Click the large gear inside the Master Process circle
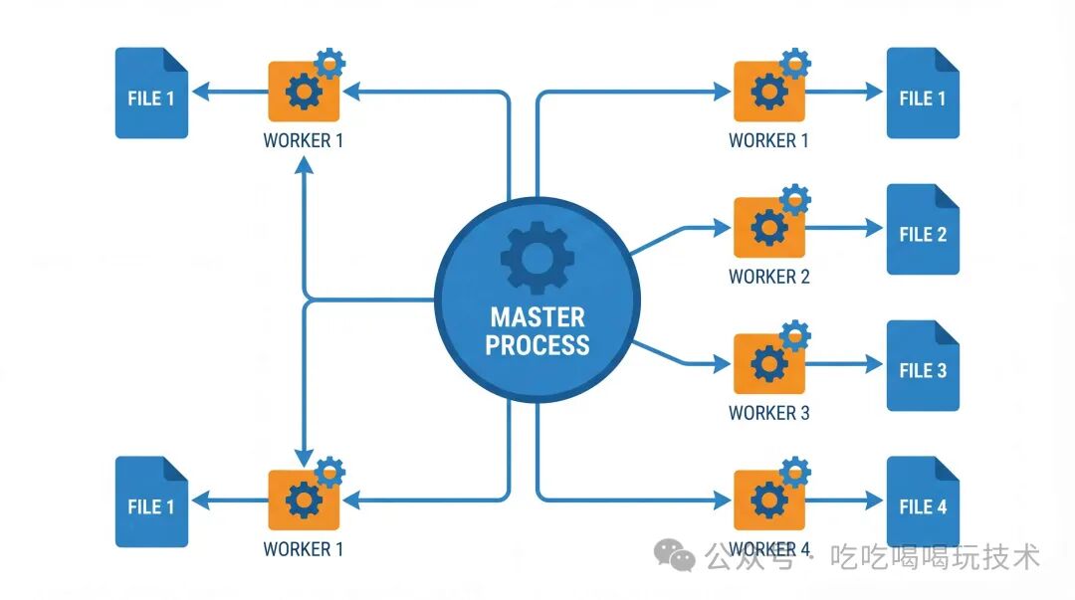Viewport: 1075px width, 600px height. (537, 258)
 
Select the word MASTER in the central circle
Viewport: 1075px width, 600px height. (537, 318)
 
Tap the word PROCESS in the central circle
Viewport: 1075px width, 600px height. (537, 345)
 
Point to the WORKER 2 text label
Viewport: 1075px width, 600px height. (768, 277)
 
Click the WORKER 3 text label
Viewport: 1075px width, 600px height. (768, 413)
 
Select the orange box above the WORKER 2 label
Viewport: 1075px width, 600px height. (768, 230)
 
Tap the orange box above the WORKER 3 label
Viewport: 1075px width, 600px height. (768, 365)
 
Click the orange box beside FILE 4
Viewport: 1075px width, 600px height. (768, 500)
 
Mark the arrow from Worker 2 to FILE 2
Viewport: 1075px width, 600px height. (844, 229)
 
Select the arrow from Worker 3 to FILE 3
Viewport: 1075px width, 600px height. (844, 365)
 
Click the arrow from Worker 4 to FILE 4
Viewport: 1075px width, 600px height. (844, 500)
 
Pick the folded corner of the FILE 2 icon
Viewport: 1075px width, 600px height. (946, 196)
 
